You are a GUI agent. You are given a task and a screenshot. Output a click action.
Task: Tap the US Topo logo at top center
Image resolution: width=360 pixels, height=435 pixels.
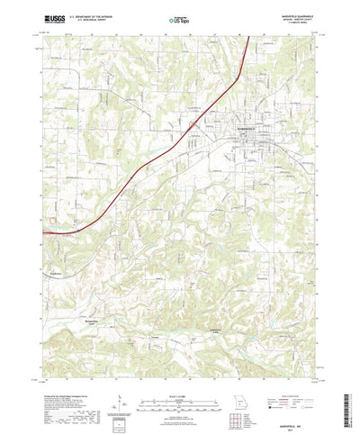[180, 18]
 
